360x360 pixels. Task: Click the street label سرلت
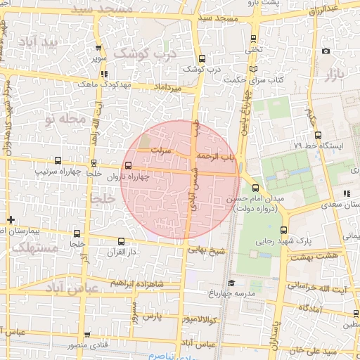coord(164,150)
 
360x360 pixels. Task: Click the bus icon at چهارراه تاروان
coord(127,166)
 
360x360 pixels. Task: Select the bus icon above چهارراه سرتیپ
coord(57,160)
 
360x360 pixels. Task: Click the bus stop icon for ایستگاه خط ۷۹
coord(318,135)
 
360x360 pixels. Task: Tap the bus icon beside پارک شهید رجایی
coord(284,229)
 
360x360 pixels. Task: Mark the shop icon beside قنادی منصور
coord(87,335)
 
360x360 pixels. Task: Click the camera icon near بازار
coord(325,51)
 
